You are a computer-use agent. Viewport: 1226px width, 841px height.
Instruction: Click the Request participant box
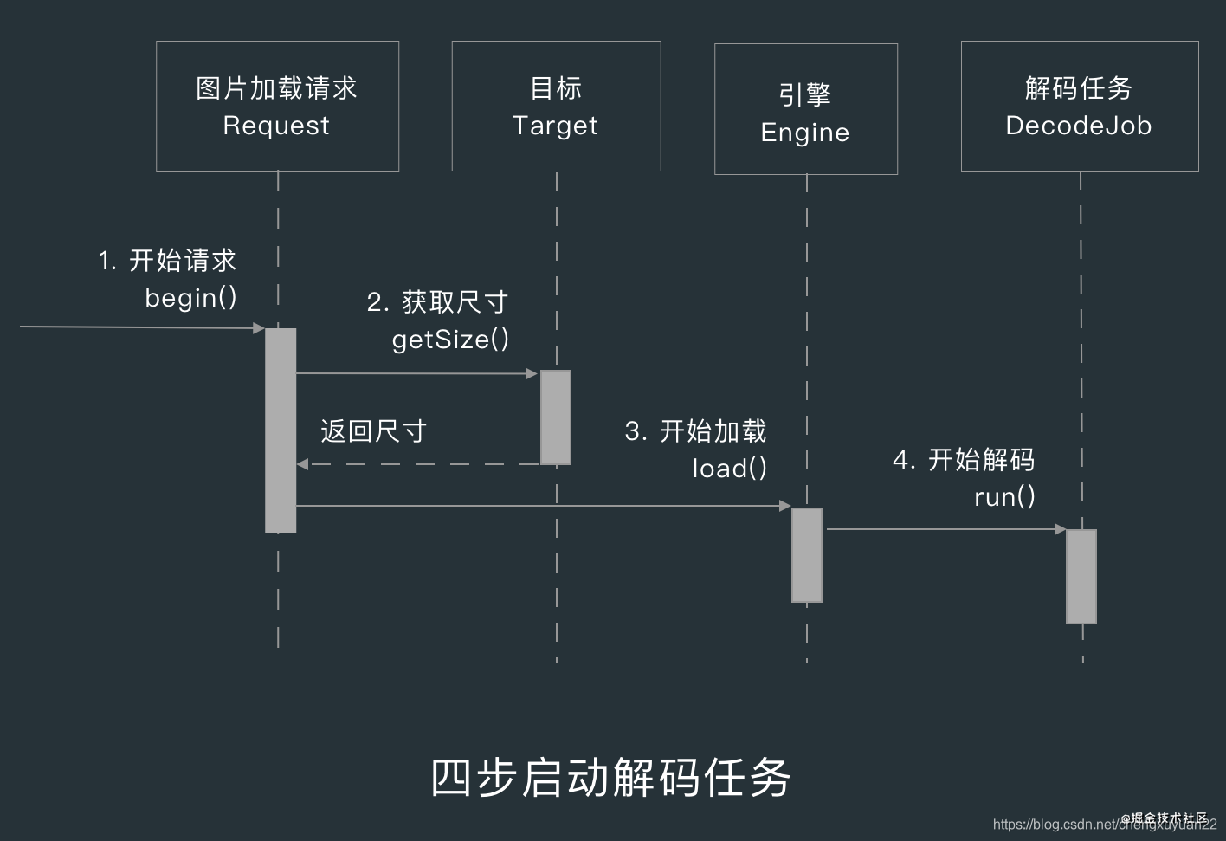coord(277,107)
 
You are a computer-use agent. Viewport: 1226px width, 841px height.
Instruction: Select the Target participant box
coord(556,107)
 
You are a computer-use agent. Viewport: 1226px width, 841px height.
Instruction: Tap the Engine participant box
coord(805,109)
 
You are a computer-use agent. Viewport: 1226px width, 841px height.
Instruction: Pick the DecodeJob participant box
coord(1079,107)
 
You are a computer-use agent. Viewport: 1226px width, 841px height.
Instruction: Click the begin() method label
coord(190,298)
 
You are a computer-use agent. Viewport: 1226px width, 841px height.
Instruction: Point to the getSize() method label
coord(450,340)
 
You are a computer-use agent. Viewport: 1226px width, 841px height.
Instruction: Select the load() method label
coord(729,469)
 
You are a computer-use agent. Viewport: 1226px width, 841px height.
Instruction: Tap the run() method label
coord(1004,497)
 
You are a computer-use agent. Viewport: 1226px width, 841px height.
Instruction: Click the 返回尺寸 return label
coord(373,431)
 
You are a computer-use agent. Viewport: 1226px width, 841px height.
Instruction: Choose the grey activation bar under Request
coord(281,430)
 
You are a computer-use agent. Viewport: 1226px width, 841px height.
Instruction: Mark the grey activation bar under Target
coord(556,417)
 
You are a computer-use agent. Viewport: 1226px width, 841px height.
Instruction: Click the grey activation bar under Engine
coord(807,554)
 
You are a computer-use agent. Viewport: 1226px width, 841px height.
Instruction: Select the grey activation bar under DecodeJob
coord(1081,576)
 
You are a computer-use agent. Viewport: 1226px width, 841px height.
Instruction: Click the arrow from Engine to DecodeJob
coord(944,528)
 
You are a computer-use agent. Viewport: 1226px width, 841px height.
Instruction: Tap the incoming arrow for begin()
coord(139,327)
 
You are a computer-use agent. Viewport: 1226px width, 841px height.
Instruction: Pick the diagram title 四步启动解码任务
coord(610,777)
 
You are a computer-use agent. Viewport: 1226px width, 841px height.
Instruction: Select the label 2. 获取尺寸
coord(437,302)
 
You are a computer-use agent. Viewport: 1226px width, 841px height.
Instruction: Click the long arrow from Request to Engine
coord(537,506)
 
